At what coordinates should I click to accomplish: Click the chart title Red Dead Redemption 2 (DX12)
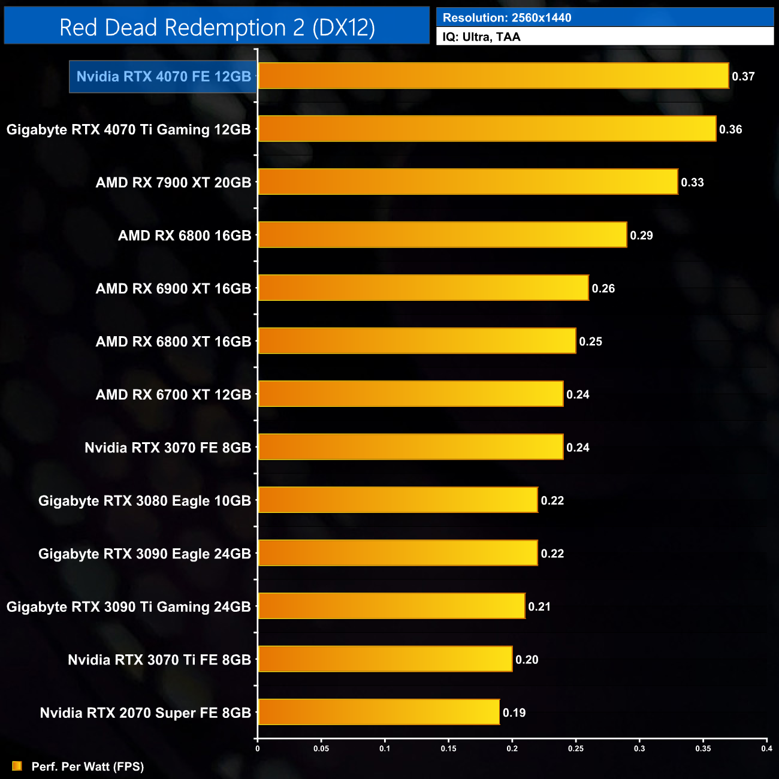tap(217, 28)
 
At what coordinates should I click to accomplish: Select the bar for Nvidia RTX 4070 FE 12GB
tap(493, 76)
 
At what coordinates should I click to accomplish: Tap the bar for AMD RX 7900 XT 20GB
tap(468, 182)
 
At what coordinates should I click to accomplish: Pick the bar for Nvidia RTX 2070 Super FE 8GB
tap(379, 712)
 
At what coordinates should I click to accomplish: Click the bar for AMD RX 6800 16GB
tap(442, 235)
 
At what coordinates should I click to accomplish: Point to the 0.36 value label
tap(730, 129)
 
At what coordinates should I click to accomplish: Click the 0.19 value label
tap(514, 712)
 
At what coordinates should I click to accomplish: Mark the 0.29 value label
tap(641, 235)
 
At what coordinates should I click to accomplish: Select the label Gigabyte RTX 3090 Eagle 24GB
tap(144, 554)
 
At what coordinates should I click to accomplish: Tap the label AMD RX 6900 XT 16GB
tap(173, 289)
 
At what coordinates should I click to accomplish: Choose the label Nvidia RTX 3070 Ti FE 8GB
tap(159, 660)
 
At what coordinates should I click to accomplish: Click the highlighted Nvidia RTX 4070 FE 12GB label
tap(164, 77)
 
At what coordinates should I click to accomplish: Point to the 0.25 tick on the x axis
tap(576, 748)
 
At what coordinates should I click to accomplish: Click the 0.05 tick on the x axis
tap(321, 748)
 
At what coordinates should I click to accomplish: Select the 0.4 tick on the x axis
tap(766, 748)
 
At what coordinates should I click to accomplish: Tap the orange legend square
tap(17, 766)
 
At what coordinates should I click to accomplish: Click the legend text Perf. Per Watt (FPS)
tap(87, 766)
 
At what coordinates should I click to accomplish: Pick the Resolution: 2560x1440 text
tap(507, 18)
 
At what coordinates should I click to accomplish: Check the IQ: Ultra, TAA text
tap(481, 37)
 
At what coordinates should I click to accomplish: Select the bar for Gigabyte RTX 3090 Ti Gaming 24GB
tap(391, 606)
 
